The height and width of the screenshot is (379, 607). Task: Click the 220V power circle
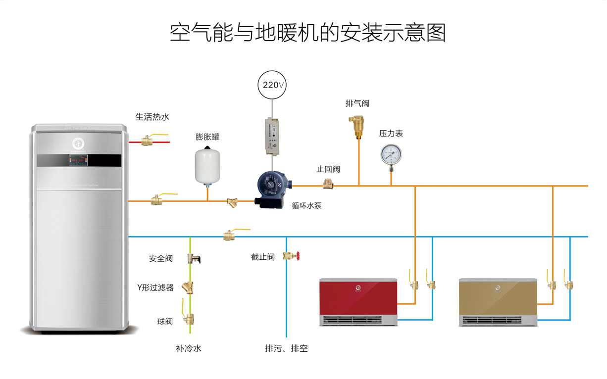pyautogui.click(x=272, y=85)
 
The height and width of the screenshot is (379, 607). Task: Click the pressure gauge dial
pyautogui.click(x=391, y=154)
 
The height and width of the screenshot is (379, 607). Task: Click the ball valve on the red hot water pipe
pyautogui.click(x=147, y=141)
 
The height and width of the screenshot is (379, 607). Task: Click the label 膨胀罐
pyautogui.click(x=207, y=137)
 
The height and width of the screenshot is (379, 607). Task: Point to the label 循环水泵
pyautogui.click(x=306, y=205)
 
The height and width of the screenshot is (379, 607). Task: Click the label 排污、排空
pyautogui.click(x=286, y=348)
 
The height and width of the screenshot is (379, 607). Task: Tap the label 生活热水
pyautogui.click(x=152, y=117)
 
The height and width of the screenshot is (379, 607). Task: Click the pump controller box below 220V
pyautogui.click(x=271, y=135)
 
